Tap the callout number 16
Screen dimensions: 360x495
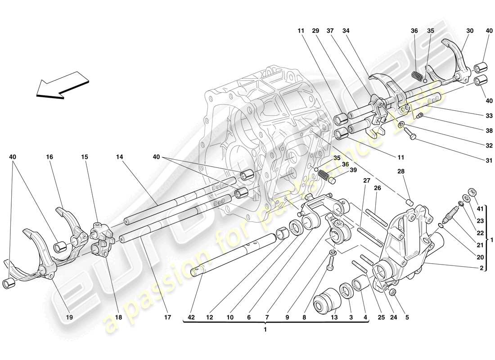49,157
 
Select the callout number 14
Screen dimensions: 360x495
119,157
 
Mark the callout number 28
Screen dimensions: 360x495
401,171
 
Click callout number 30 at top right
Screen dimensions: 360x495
470,31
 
